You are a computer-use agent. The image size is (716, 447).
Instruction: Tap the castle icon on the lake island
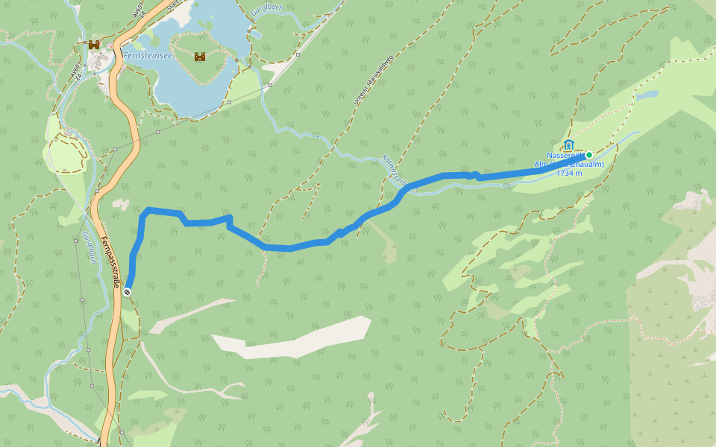click(x=200, y=57)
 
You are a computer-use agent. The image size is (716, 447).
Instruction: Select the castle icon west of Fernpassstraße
click(x=94, y=45)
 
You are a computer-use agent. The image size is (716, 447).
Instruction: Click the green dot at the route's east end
click(x=588, y=154)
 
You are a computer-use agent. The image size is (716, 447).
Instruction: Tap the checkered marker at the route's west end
click(x=128, y=292)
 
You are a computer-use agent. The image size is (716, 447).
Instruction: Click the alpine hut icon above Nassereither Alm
click(x=569, y=144)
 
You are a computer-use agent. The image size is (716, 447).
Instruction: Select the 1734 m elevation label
click(x=569, y=173)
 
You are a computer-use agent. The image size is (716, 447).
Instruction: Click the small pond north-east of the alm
click(x=647, y=95)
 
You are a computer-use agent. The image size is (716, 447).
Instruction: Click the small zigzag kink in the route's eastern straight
click(x=474, y=176)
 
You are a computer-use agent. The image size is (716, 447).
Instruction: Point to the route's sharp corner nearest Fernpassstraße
click(x=148, y=210)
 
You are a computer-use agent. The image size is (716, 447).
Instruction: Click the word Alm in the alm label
click(x=542, y=164)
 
